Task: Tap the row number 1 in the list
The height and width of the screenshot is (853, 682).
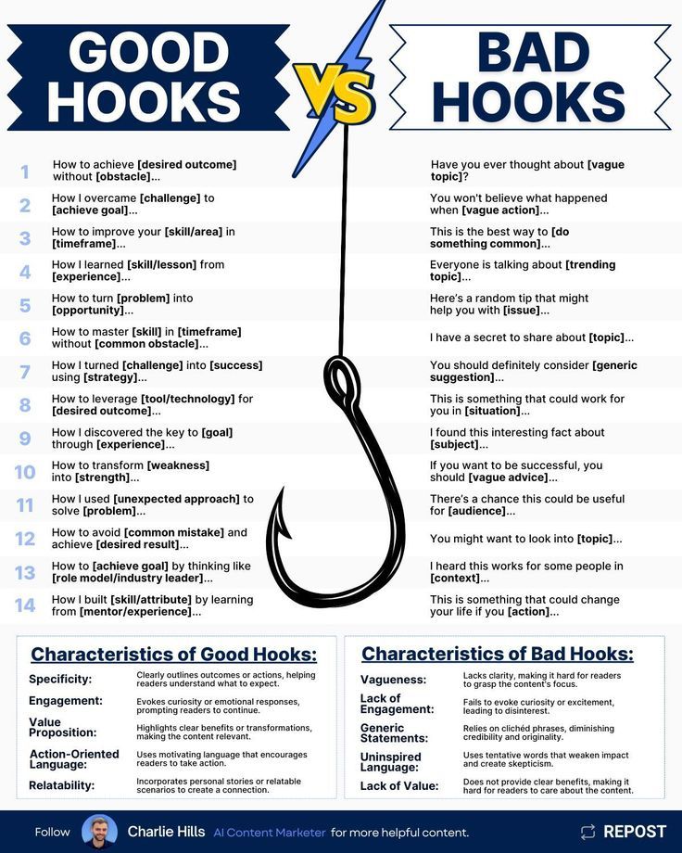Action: tap(25, 172)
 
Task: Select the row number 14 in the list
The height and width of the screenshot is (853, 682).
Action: tap(25, 605)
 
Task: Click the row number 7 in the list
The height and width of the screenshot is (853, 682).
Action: tap(25, 372)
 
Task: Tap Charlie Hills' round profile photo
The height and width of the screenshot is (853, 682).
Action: tap(99, 832)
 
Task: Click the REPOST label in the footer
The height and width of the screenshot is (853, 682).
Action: tap(635, 832)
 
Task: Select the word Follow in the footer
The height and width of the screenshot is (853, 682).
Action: tap(53, 833)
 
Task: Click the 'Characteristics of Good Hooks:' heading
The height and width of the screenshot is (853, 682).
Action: tap(174, 655)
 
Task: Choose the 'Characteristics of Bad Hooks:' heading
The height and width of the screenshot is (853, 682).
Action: tap(498, 654)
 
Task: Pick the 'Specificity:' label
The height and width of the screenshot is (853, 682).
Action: tap(60, 680)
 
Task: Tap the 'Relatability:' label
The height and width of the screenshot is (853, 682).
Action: tap(62, 785)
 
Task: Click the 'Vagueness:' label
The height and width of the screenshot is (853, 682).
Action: tap(393, 680)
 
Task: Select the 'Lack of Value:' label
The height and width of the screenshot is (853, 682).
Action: tap(398, 786)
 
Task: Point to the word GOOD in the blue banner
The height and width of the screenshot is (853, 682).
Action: tap(148, 54)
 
